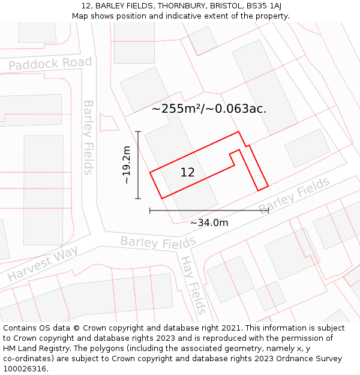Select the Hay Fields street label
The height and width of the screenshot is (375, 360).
tap(193, 285)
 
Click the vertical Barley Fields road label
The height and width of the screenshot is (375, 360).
tap(88, 137)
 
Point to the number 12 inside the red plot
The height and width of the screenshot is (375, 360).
tap(187, 173)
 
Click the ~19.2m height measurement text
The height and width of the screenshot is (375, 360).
tap(126, 165)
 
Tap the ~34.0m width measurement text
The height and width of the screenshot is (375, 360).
tap(209, 223)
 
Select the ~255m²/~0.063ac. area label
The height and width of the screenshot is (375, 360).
tap(209, 109)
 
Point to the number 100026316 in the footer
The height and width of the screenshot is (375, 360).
tap(25, 368)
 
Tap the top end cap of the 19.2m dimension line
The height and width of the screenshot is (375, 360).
tap(138, 131)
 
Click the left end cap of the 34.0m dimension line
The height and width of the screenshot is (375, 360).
tap(149, 211)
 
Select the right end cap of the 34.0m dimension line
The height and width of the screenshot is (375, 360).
tap(268, 211)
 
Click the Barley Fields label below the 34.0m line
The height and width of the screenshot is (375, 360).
tap(158, 242)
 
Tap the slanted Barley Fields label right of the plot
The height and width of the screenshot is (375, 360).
tap(294, 195)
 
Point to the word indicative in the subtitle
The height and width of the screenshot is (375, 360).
tap(196, 16)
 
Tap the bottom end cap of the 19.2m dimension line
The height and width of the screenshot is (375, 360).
tap(138, 199)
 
